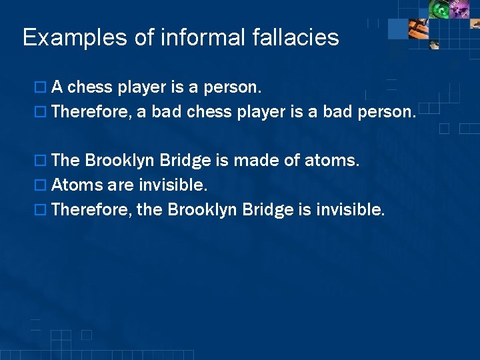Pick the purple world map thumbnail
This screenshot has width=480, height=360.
[461, 9]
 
